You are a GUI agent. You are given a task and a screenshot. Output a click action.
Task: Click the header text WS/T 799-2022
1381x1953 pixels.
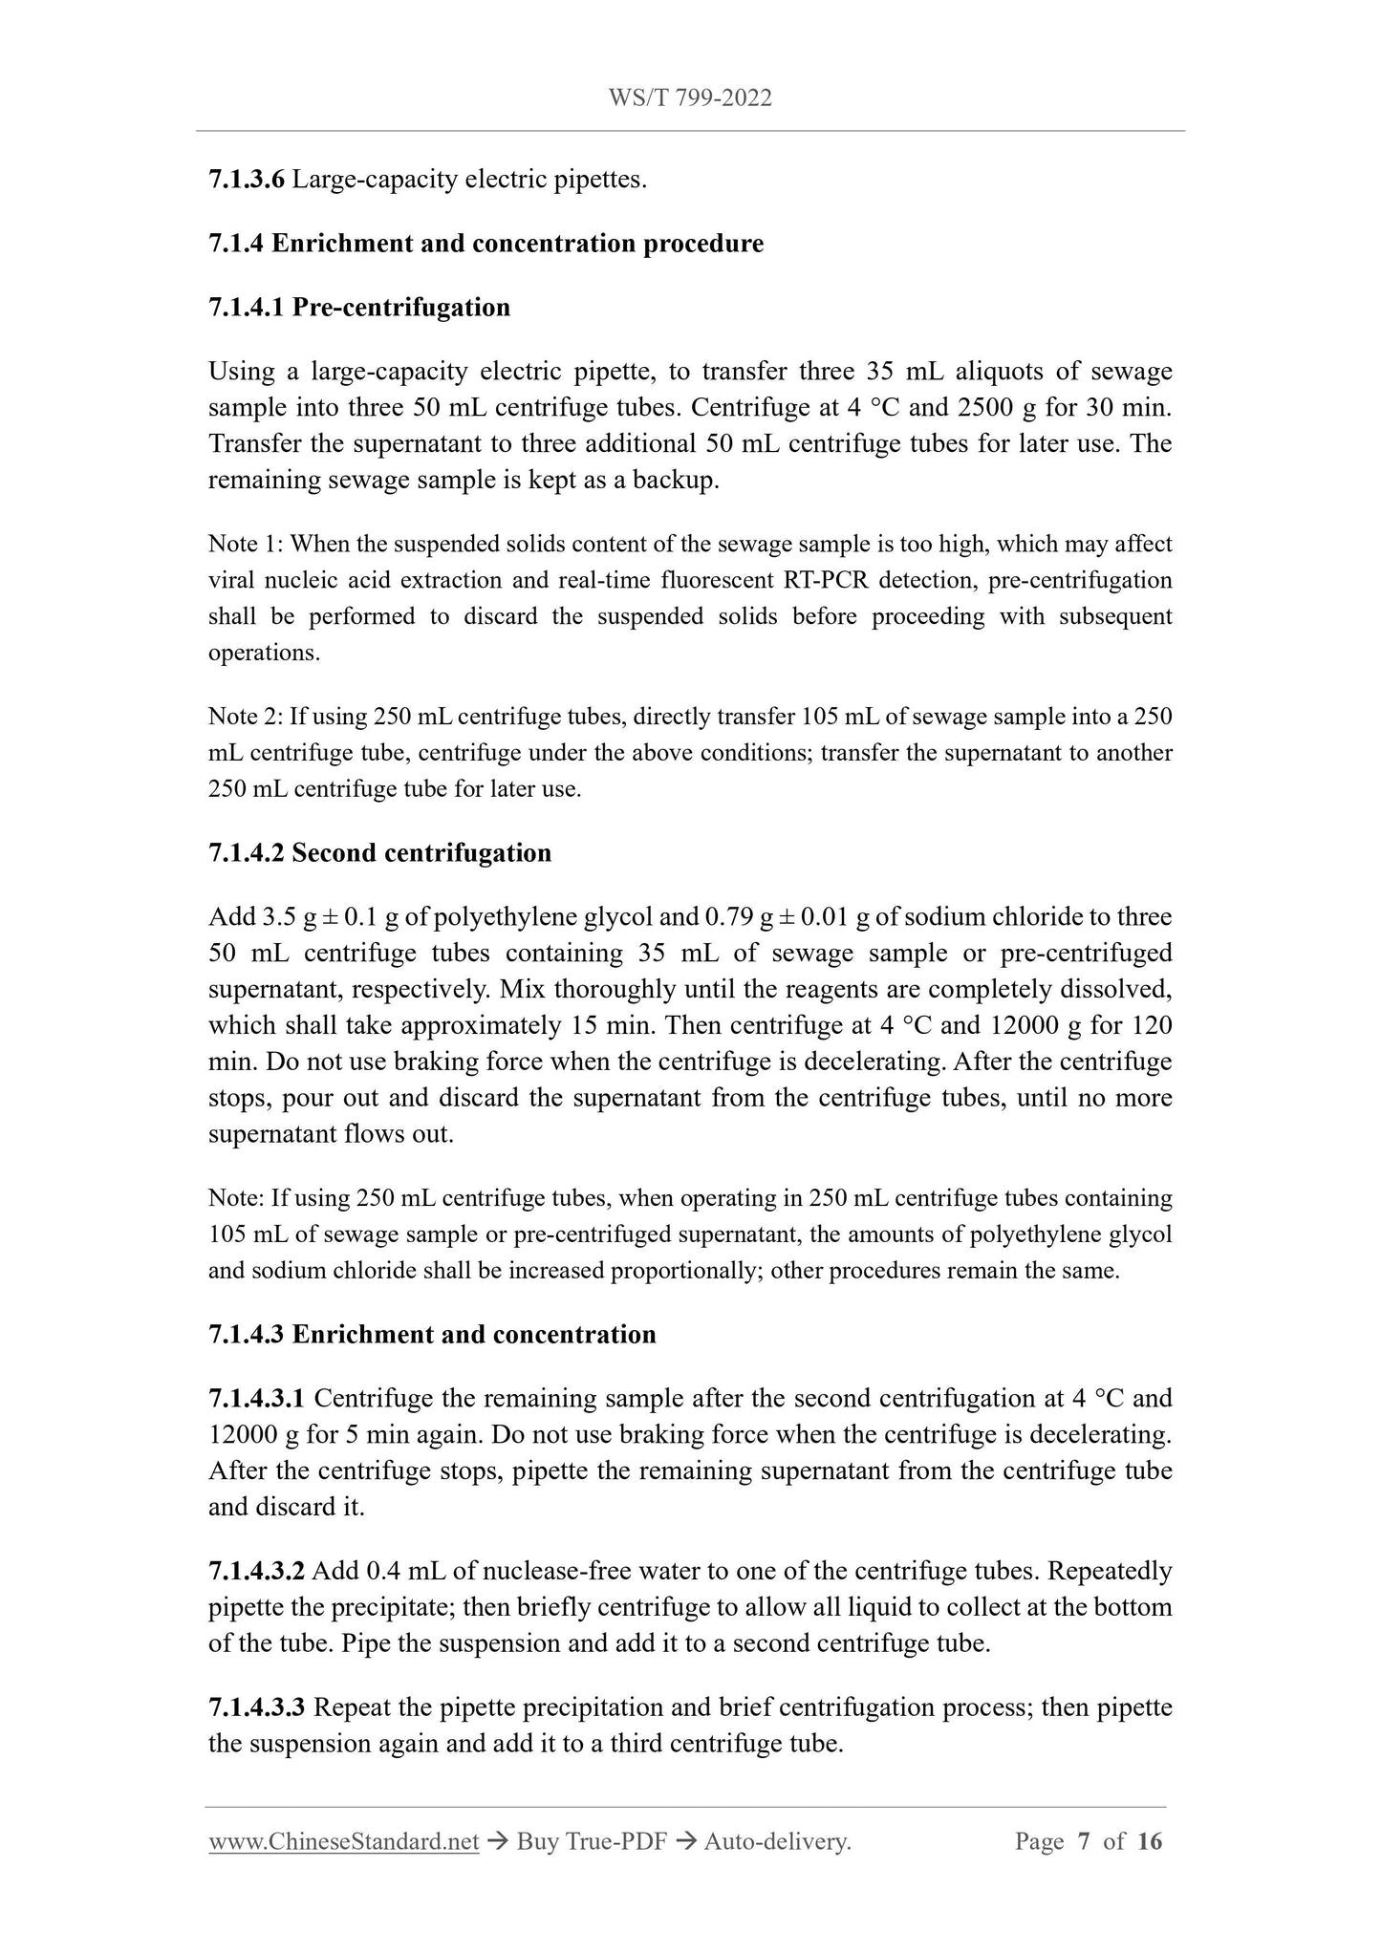tap(690, 97)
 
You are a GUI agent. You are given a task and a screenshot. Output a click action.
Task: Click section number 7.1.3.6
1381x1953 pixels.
tap(246, 179)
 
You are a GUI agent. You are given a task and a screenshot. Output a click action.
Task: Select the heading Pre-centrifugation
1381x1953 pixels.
tap(400, 308)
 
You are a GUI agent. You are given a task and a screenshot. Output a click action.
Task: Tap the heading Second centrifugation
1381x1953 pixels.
tap(421, 853)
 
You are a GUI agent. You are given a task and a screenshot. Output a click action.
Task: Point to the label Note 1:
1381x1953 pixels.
tap(246, 545)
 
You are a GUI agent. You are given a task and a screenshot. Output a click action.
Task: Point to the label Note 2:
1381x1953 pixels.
tap(246, 718)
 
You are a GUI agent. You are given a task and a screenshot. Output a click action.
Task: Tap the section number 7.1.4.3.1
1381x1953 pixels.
tap(256, 1399)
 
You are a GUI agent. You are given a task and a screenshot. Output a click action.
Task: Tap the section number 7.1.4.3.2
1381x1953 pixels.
tap(256, 1572)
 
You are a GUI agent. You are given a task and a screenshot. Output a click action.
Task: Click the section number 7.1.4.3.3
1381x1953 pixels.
tap(256, 1707)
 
